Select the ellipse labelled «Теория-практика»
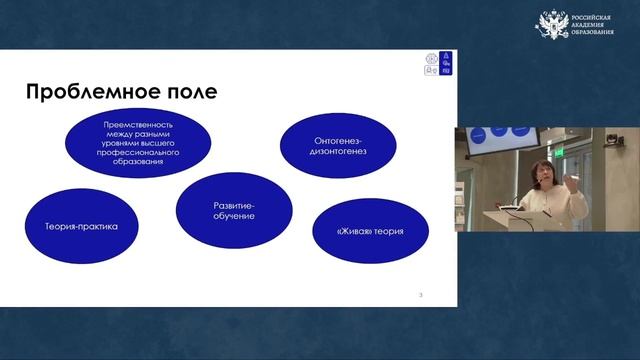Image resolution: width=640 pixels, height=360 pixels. pos(81,226)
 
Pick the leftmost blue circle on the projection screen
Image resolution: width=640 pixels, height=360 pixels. pos(477,133)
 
